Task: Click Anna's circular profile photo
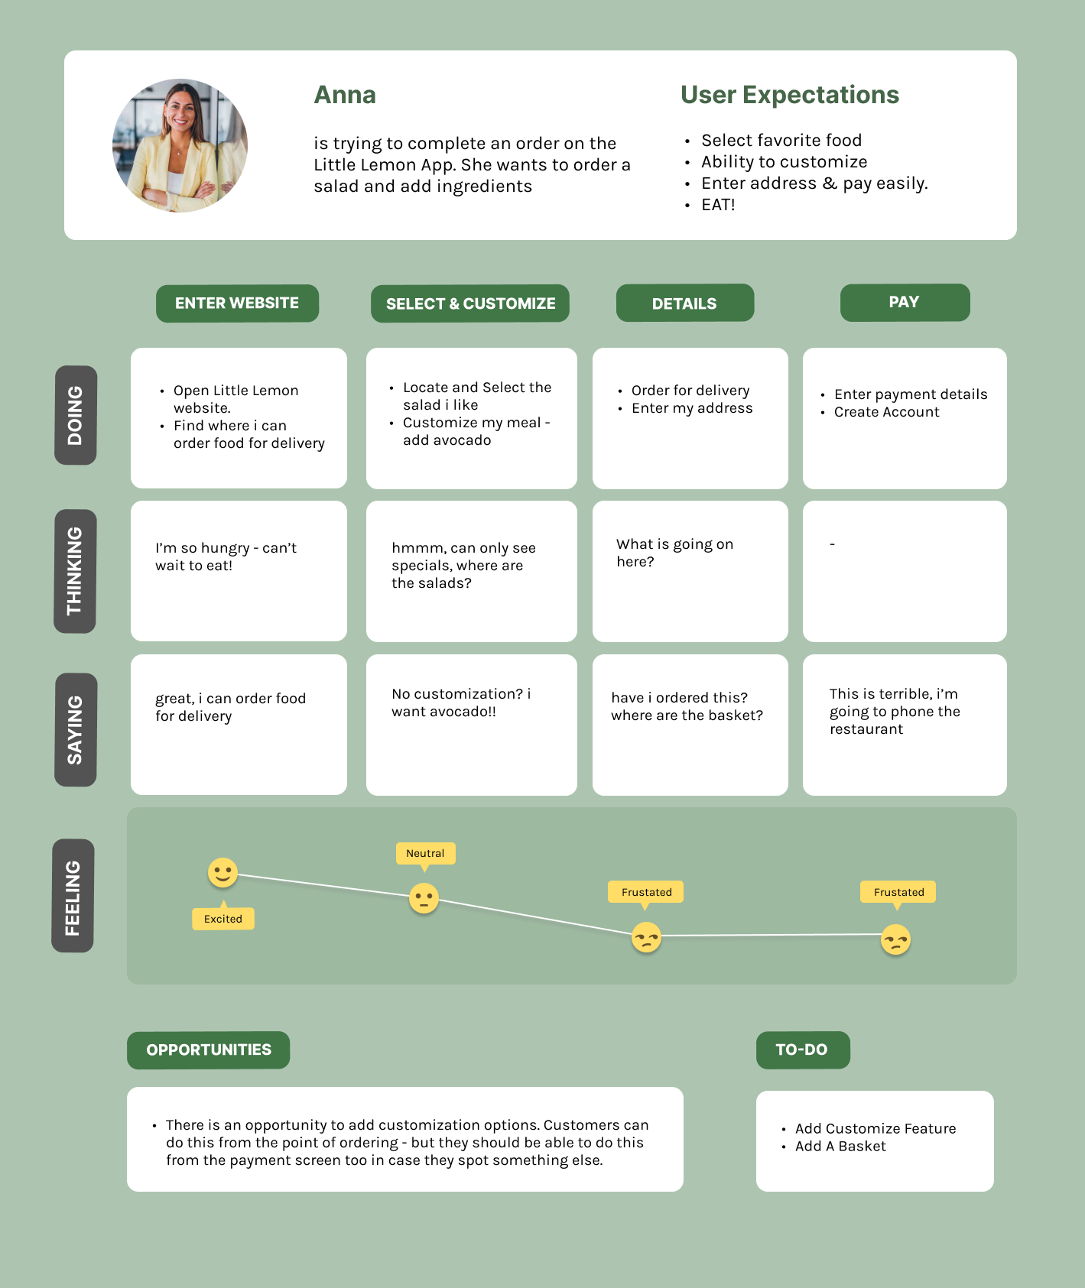point(180,145)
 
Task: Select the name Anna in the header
point(345,95)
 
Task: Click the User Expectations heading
point(790,95)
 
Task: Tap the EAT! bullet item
point(718,205)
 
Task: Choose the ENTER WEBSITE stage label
point(237,303)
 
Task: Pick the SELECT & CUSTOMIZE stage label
point(470,303)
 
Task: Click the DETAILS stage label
point(685,303)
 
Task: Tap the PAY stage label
point(905,303)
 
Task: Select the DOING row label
point(75,415)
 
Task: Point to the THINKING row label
point(74,571)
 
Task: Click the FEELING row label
point(73,896)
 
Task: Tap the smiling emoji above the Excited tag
point(223,872)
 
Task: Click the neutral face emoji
point(424,898)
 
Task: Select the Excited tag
point(223,917)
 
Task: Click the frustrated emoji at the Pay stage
point(895,939)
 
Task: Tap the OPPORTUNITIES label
point(209,1050)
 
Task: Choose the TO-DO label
point(803,1050)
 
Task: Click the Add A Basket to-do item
point(840,1147)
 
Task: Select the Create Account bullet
point(886,412)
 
